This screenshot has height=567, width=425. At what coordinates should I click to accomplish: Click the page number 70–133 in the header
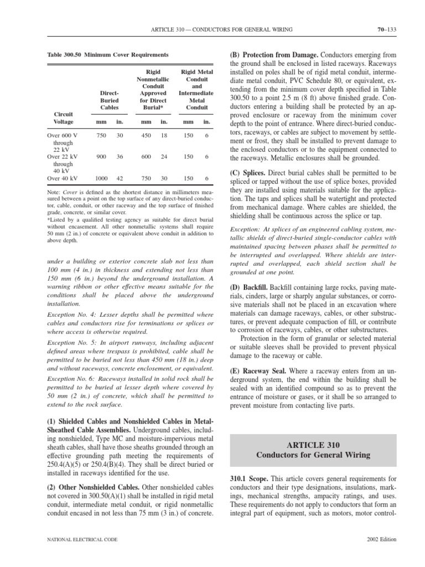coord(385,29)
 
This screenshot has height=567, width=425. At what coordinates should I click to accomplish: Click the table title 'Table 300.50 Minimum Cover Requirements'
coord(108,55)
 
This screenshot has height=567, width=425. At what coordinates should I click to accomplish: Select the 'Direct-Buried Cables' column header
coord(109,101)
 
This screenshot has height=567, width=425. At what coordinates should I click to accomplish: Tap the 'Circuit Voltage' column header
coord(63,117)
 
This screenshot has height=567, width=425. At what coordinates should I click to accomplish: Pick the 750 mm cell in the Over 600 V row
coord(101,135)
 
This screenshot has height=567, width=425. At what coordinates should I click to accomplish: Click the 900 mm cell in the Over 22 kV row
coord(101,157)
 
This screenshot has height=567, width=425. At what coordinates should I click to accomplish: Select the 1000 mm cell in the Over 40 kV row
coord(101,179)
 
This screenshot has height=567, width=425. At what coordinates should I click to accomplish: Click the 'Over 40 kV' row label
coord(63,179)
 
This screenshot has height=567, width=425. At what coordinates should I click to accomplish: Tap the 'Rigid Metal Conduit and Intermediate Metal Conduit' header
coord(196,90)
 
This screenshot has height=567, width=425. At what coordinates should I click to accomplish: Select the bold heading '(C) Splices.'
coord(248,173)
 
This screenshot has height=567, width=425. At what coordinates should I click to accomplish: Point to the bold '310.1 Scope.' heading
coord(248,478)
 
